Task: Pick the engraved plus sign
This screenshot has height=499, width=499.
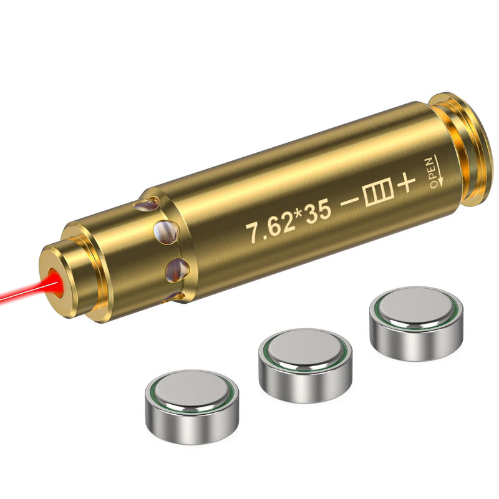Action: tap(406, 184)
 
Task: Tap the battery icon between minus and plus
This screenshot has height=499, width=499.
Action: tap(377, 196)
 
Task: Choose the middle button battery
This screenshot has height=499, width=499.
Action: tap(305, 364)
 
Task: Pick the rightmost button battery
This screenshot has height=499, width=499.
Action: tap(416, 322)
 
